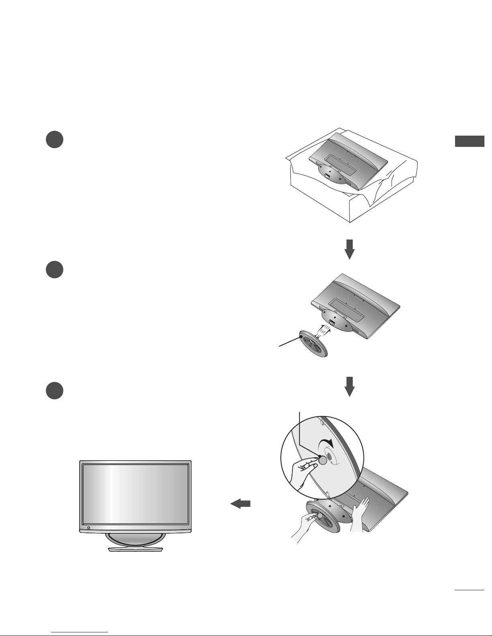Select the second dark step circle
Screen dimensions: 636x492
[x=54, y=270]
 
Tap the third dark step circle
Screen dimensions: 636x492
[x=54, y=391]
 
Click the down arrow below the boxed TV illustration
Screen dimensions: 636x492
[x=350, y=249]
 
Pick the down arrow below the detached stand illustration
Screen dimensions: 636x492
[x=350, y=386]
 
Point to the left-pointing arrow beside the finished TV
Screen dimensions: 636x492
[x=240, y=504]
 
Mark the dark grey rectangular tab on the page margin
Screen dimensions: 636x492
[x=470, y=141]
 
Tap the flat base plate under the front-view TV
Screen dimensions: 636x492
[x=135, y=549]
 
